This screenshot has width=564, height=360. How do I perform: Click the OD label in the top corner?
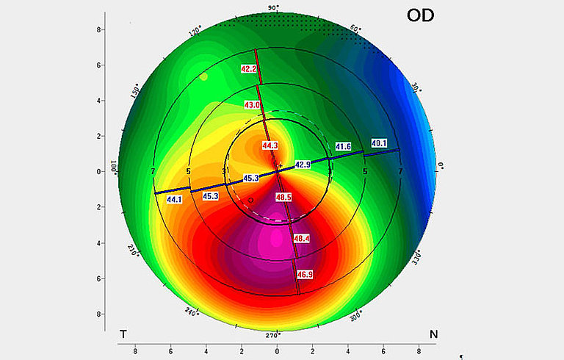pos(422,14)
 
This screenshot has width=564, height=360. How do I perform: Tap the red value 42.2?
pos(250,69)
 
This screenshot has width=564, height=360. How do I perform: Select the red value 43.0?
pos(253,105)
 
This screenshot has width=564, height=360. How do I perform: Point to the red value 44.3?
pos(270,145)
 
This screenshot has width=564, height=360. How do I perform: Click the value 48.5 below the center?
pos(283,198)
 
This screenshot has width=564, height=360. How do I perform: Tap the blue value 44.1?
pos(175,200)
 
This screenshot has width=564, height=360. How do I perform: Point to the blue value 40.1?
pos(379,143)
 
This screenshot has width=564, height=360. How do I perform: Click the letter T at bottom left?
pos(123,335)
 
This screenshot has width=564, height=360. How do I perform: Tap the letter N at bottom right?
pos(433,335)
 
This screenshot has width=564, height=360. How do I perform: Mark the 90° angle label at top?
pos(273,8)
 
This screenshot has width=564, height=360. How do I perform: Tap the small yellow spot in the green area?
pos(204,76)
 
